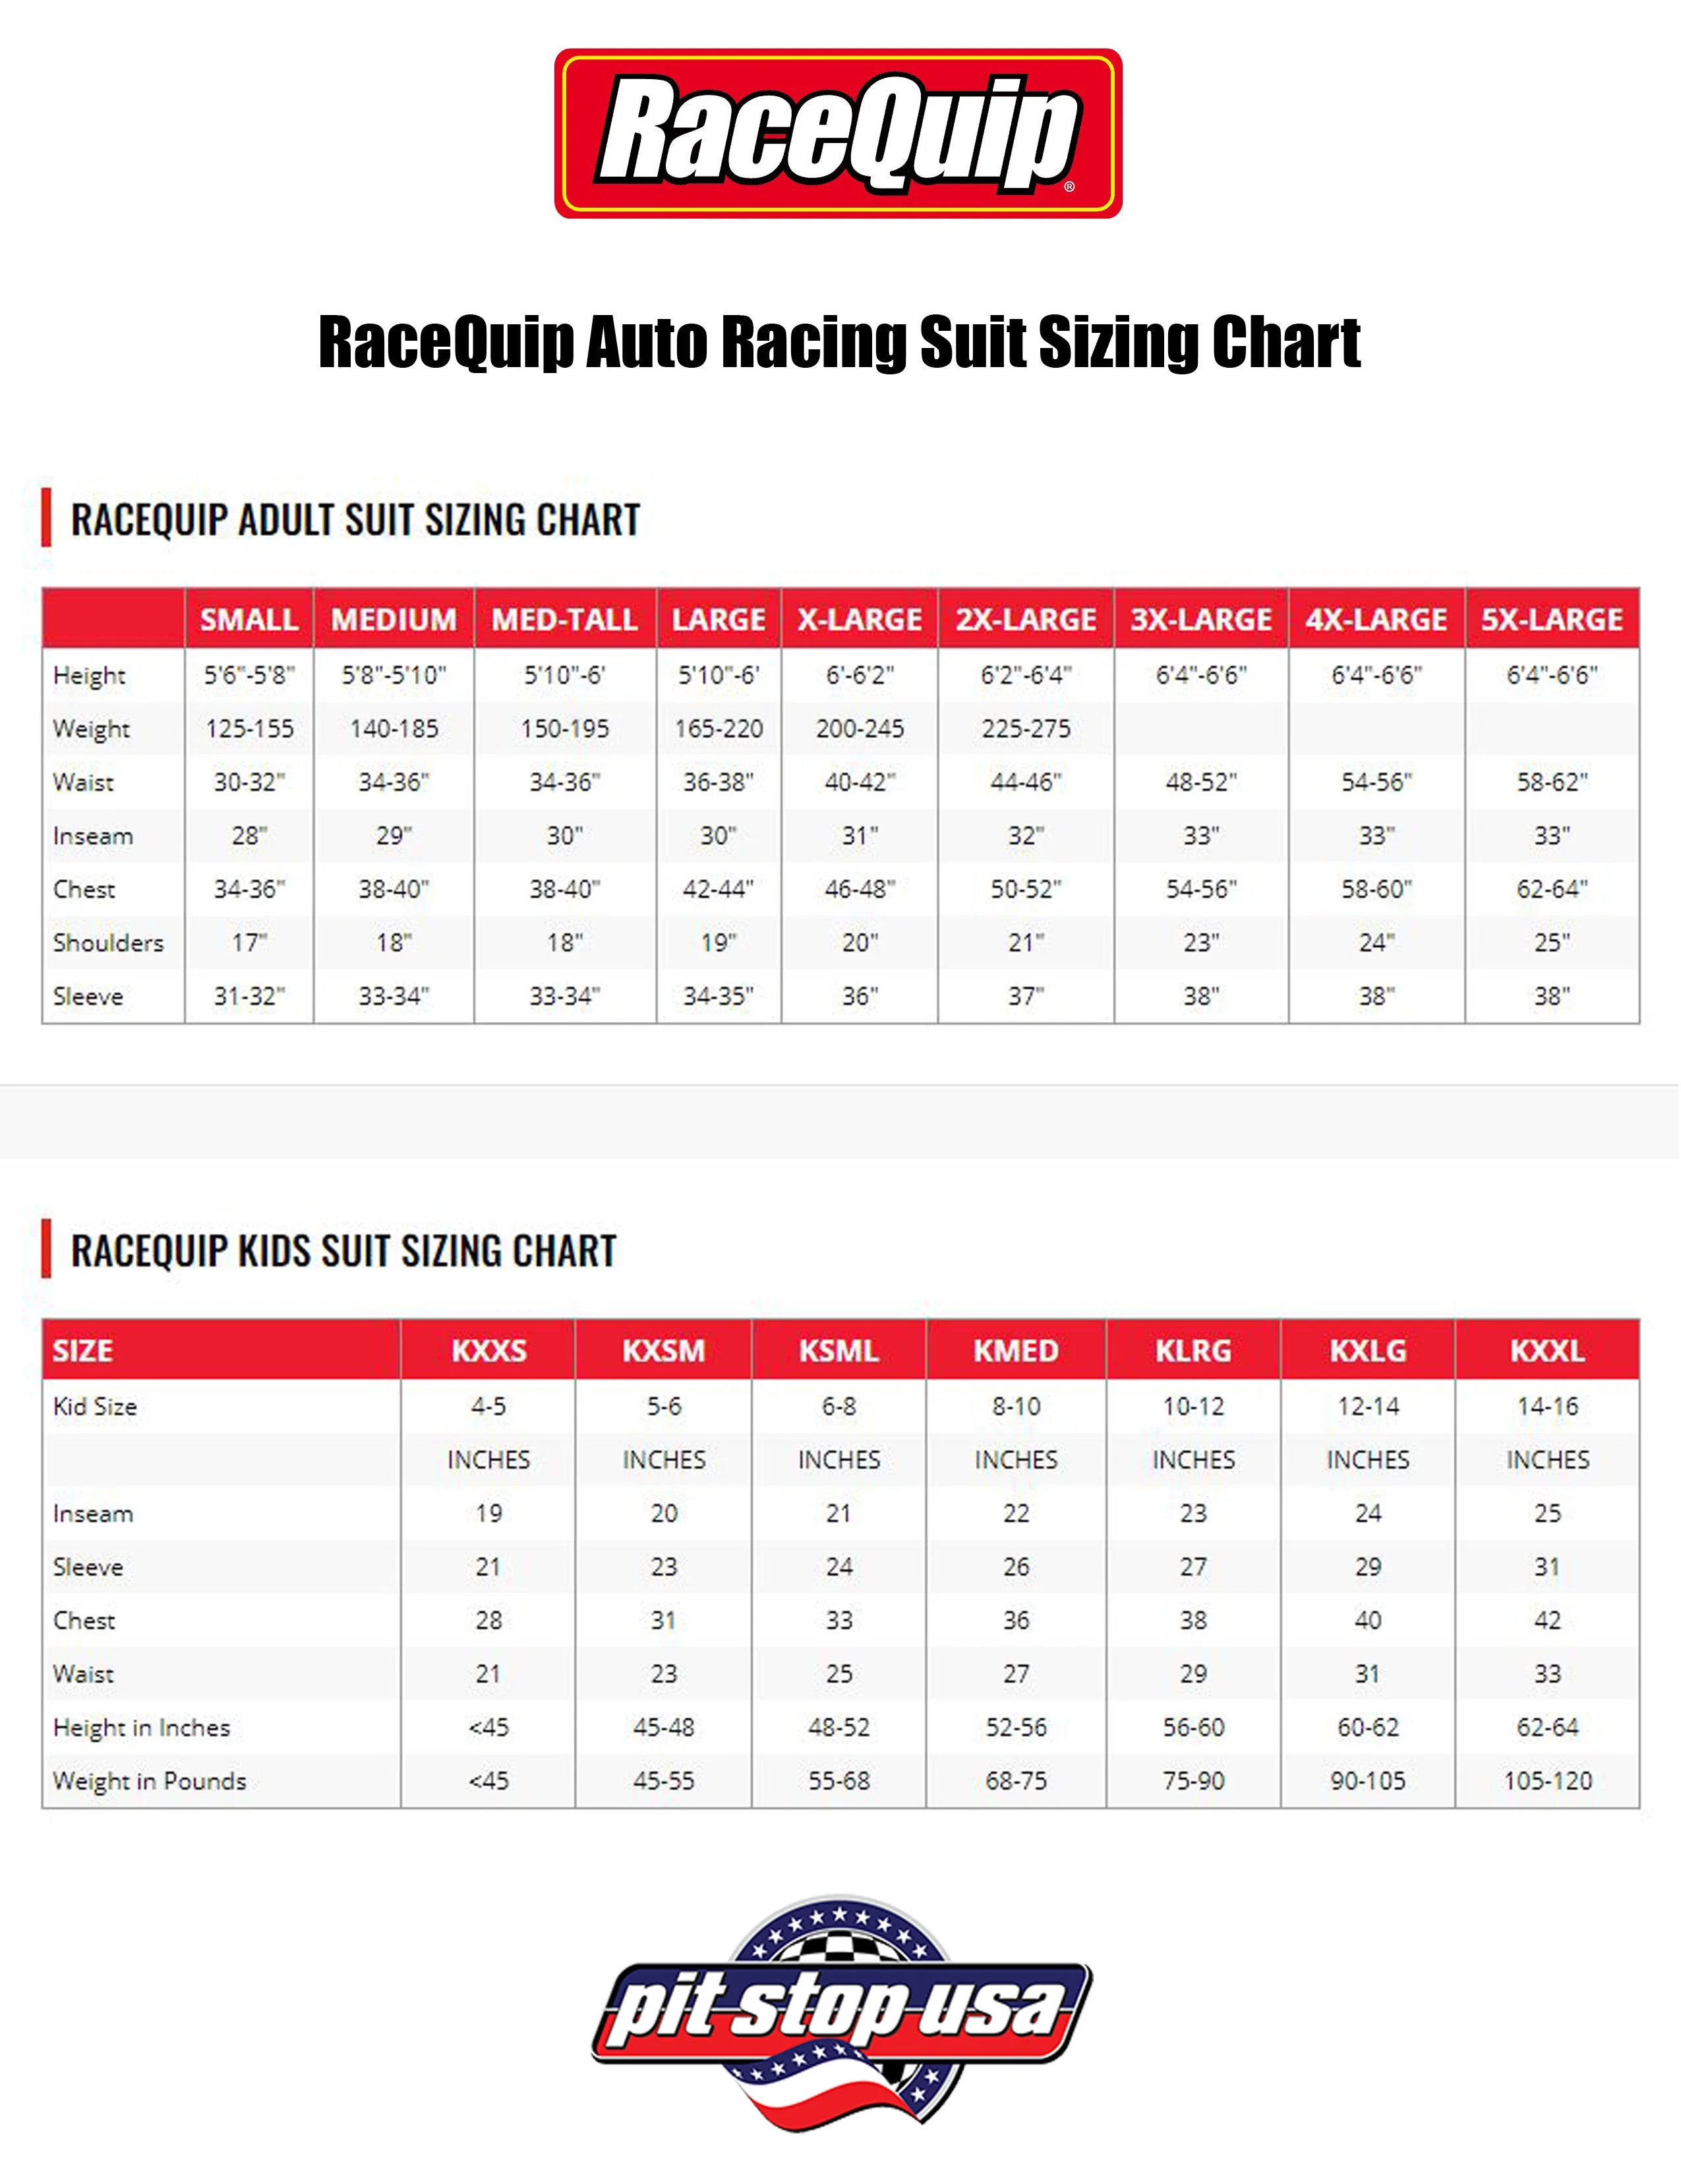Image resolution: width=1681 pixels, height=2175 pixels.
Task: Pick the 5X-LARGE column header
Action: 1552,620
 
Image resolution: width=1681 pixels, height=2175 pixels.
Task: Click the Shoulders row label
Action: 107,942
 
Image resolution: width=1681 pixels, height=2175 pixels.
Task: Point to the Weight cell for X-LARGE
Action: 860,729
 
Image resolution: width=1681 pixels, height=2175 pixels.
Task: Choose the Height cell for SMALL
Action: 249,675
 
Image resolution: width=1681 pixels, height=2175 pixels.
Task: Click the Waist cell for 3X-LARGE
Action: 1201,782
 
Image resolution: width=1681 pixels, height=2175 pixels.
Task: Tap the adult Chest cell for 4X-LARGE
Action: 1376,889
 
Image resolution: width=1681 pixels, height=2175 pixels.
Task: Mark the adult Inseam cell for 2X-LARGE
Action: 1026,836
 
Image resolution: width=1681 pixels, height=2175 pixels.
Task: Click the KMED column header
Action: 1016,1350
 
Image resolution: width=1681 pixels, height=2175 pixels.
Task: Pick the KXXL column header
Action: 1547,1350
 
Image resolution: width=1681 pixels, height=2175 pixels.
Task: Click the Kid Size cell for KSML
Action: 839,1406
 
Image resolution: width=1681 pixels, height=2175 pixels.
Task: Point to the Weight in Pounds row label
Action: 150,1781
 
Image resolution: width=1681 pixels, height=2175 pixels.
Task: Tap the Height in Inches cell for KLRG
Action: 1193,1727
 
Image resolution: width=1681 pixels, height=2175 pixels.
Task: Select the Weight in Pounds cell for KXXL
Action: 1547,1781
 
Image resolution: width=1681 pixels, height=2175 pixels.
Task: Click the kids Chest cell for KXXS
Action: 488,1620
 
